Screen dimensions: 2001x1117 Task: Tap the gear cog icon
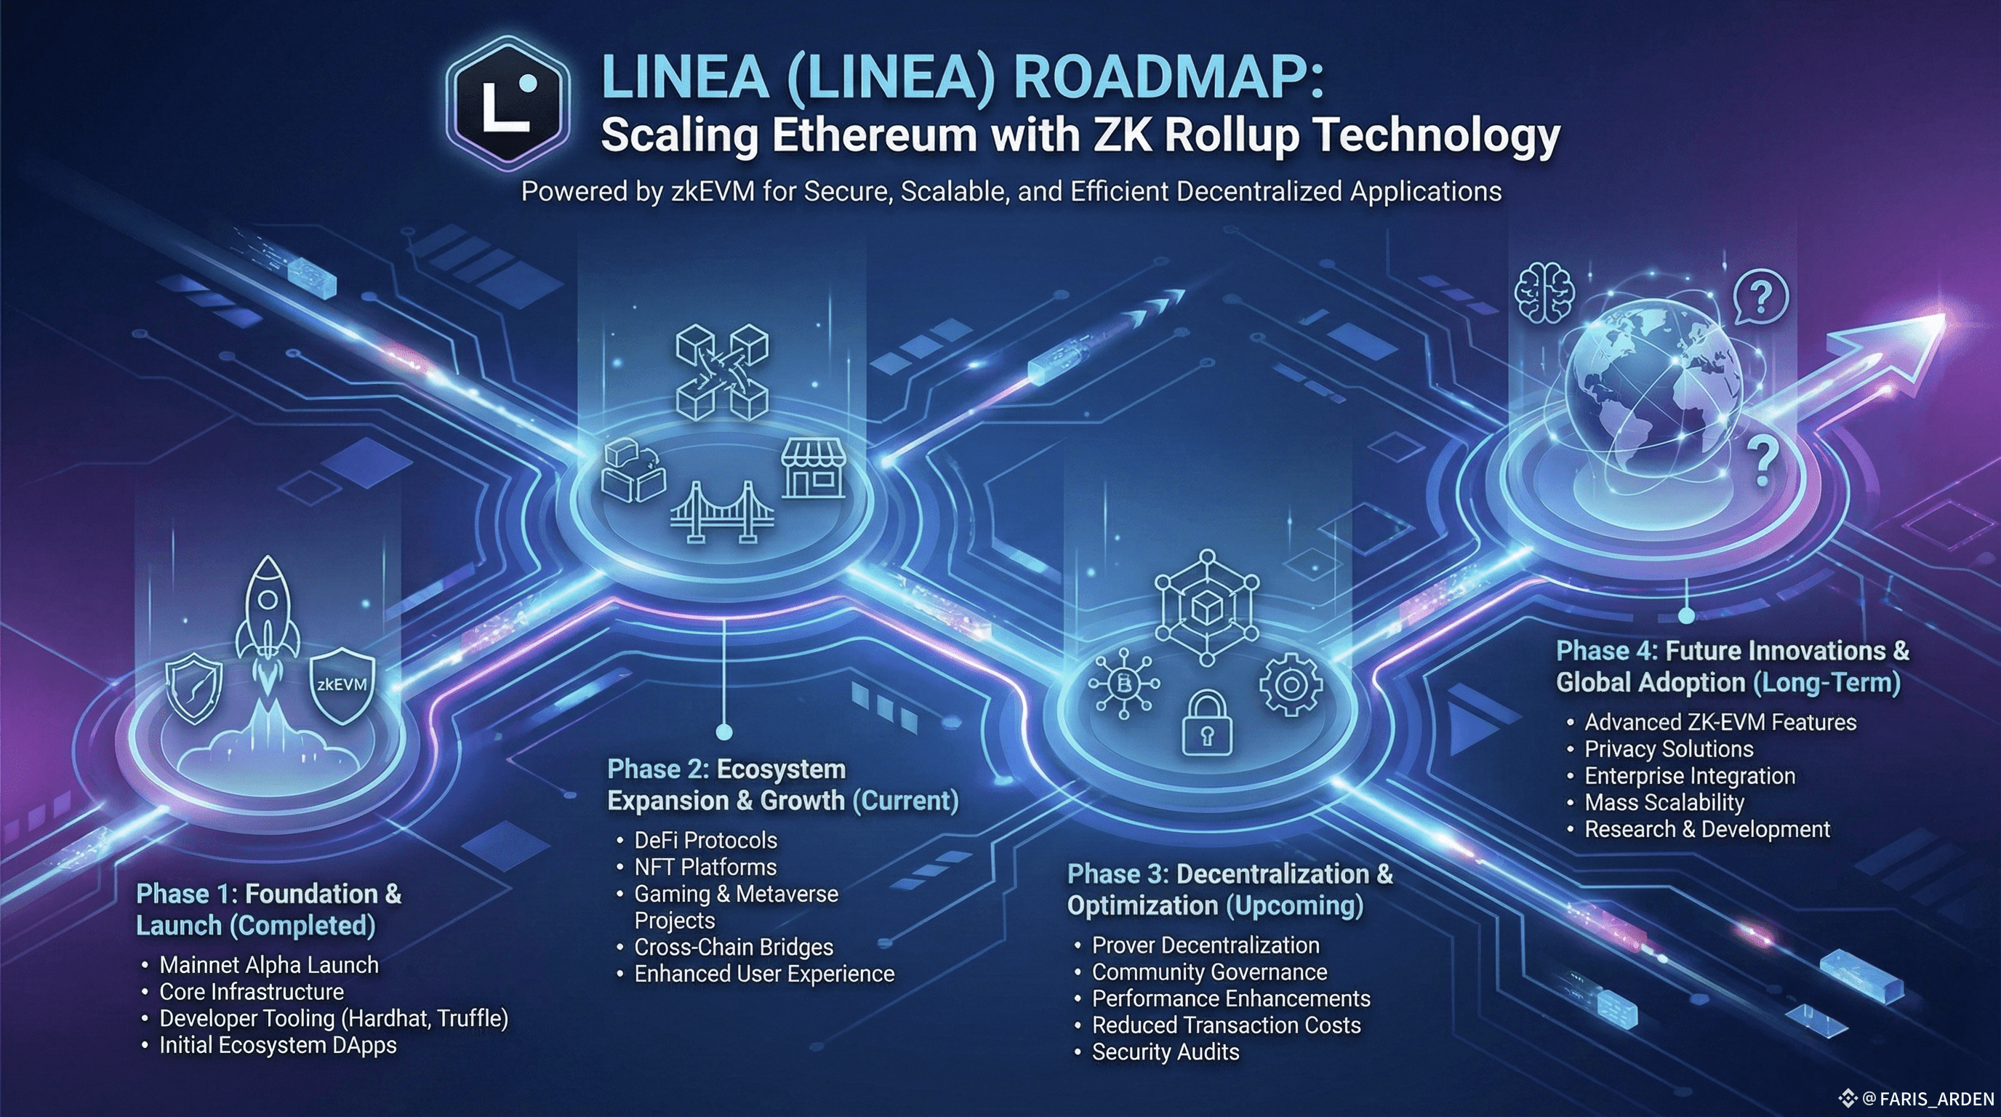coord(1290,684)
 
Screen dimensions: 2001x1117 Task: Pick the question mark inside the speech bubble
coord(1761,296)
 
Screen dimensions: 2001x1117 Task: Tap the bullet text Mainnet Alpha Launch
coord(269,965)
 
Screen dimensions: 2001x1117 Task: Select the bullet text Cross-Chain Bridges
coord(733,947)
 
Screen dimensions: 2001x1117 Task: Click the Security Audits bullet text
coord(1165,1052)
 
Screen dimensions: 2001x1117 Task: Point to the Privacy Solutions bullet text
coord(1669,749)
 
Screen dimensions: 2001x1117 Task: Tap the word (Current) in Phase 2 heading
coord(905,800)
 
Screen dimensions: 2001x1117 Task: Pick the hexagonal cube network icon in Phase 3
coord(1206,608)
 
